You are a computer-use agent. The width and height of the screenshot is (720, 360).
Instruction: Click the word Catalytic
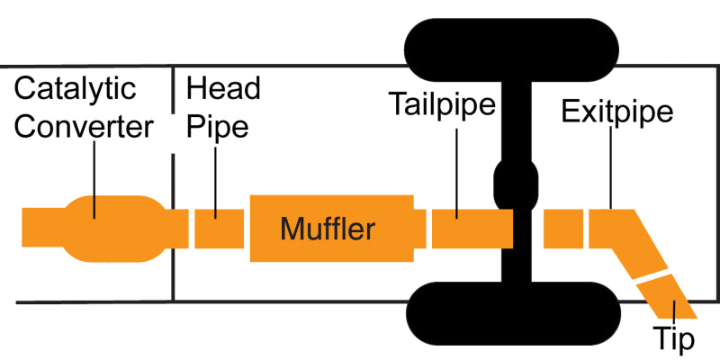pos(76,90)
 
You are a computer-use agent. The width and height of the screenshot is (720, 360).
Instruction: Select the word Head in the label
pos(222,90)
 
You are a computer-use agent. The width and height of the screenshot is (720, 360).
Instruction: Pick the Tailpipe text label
pos(443,106)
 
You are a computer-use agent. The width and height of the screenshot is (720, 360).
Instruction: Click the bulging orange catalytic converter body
pos(115,229)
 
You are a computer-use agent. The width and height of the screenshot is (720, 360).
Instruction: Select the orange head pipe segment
pos(219,229)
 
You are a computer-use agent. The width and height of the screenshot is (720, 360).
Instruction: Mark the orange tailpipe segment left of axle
pos(471,229)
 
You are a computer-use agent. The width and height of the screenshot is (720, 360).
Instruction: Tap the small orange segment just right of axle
pos(562,229)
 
